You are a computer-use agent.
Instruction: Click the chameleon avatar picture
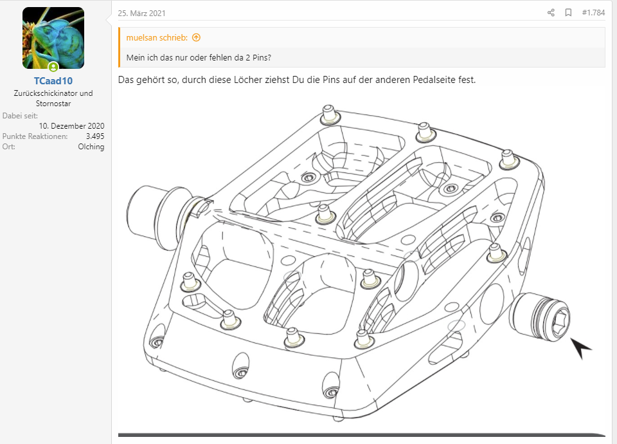[53, 38]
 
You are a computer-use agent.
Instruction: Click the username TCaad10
[53, 81]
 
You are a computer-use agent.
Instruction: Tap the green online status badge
[53, 66]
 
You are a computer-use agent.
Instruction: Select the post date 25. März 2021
[141, 13]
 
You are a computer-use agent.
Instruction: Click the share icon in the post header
[551, 13]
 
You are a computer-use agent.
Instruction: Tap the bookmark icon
[568, 13]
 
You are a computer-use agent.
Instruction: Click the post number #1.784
[593, 13]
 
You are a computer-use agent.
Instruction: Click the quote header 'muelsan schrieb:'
[157, 37]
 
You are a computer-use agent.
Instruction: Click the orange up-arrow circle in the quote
[197, 37]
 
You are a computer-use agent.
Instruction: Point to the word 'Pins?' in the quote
[262, 57]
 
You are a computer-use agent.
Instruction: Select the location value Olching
[91, 147]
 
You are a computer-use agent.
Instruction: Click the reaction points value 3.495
[95, 136]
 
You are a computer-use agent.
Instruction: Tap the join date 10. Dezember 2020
[71, 126]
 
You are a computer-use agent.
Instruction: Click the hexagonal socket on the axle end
[559, 323]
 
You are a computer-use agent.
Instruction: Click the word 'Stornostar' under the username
[53, 104]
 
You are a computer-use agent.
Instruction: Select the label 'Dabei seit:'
[20, 116]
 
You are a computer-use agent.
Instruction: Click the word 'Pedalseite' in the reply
[434, 80]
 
